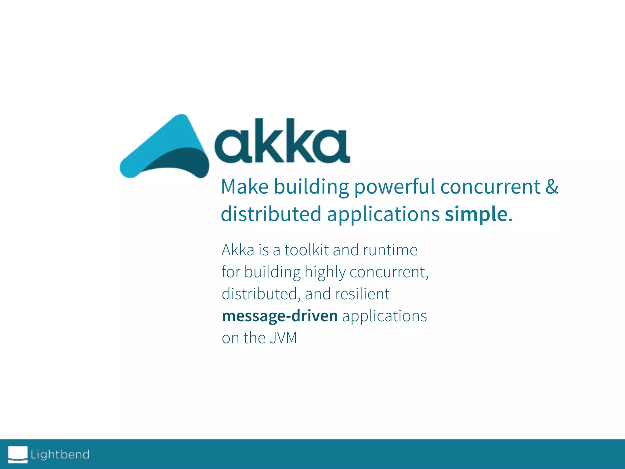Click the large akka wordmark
point(282,142)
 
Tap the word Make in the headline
point(244,187)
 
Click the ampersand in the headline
point(552,187)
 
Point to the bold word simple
point(476,214)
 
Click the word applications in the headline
point(383,214)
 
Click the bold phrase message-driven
point(280,316)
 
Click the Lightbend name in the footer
point(60,454)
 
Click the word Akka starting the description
point(238,250)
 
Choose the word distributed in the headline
point(271,214)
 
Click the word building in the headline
point(311,187)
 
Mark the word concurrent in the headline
point(490,187)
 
